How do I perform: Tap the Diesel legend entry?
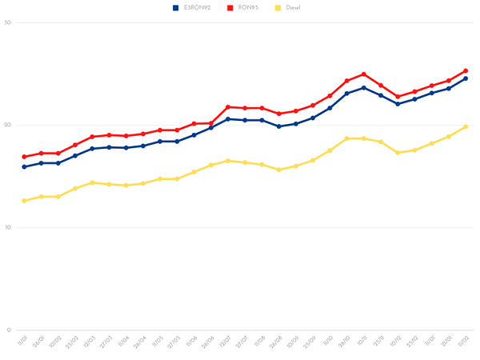point(289,7)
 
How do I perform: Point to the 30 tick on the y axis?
point(7,22)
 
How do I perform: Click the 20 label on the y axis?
point(7,125)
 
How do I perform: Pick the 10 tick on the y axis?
point(7,228)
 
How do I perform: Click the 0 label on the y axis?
point(7,330)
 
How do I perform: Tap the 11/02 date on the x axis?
point(463,342)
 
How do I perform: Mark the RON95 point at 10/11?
point(364,74)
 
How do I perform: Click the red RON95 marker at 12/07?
point(228,107)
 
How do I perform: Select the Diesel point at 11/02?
point(466,127)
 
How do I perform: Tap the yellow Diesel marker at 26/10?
point(347,138)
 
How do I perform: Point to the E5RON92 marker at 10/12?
point(398,104)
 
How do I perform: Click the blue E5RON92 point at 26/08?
point(279,126)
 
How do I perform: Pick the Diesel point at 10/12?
point(398,153)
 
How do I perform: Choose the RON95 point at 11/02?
point(466,70)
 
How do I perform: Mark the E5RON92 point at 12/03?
point(92,149)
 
